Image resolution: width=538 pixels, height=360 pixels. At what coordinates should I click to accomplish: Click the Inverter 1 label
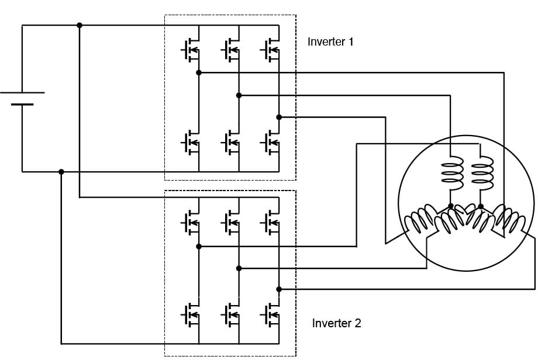330,42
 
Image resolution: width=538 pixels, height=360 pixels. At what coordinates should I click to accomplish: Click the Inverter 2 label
336,323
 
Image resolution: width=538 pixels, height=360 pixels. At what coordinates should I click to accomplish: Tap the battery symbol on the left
22,98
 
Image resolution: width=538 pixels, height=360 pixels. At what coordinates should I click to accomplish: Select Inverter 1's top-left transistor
191,51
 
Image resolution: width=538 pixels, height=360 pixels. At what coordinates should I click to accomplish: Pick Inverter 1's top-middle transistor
230,51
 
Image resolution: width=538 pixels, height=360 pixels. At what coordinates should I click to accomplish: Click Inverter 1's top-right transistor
271,51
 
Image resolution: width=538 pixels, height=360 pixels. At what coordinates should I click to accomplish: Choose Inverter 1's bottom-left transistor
191,141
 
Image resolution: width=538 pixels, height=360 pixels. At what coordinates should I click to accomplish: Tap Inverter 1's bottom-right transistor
271,141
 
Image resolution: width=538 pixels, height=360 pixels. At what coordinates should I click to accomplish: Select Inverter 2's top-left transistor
191,221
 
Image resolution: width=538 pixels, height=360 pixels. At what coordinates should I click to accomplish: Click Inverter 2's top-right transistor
271,221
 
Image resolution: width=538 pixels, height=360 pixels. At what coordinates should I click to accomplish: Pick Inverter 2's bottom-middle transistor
230,315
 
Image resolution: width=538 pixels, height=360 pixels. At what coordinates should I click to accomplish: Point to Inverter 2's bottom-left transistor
191,315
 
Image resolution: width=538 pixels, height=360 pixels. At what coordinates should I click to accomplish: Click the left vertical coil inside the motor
450,174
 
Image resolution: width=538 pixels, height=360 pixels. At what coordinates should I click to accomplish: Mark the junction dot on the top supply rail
80,25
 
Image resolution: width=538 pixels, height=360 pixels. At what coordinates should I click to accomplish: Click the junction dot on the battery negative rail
61,172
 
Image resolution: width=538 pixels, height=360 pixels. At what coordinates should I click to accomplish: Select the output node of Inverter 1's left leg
199,72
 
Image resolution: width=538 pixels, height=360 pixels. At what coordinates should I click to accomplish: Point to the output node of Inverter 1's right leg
279,117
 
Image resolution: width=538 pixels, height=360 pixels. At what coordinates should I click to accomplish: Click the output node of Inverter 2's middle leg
239,268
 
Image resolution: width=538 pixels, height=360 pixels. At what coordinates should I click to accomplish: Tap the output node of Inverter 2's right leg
279,289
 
